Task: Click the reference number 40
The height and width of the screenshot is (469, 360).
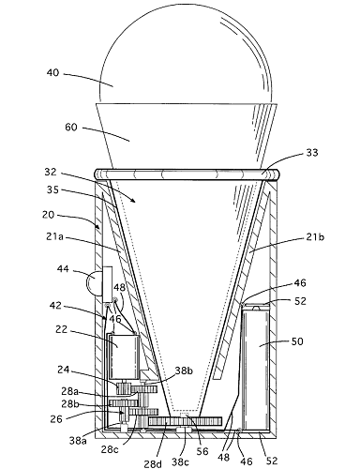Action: pos(52,73)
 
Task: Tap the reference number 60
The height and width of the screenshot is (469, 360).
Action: pos(71,128)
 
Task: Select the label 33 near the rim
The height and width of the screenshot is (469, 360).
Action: pos(311,153)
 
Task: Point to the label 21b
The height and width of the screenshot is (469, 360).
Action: pos(314,237)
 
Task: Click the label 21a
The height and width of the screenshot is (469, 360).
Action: pos(54,237)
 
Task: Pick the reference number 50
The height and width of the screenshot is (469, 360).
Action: pos(297,340)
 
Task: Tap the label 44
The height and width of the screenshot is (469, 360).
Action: pos(64,268)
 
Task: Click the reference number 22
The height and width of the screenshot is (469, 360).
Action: pos(62,329)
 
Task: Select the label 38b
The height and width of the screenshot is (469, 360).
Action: pos(184,371)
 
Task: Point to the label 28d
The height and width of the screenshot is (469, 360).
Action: pos(153,463)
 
